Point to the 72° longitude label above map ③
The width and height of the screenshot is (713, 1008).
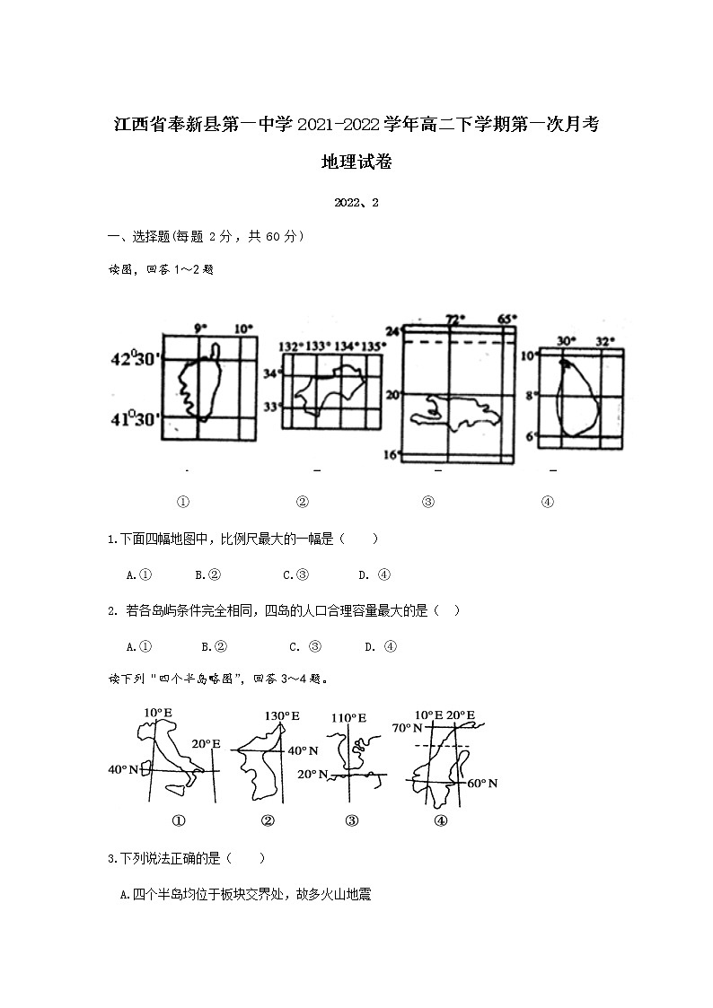[456, 320]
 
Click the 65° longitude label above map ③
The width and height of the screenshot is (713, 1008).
[507, 320]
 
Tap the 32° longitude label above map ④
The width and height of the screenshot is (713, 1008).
[605, 341]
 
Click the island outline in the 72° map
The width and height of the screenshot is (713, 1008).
[454, 412]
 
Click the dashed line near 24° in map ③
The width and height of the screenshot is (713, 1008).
[459, 341]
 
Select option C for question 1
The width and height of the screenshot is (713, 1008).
[295, 575]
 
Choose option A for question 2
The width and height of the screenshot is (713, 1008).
[137, 646]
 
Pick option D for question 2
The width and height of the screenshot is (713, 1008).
[381, 646]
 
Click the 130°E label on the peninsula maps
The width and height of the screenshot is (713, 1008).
[281, 716]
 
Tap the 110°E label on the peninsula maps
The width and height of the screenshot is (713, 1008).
[348, 718]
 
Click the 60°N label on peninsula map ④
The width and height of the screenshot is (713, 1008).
[482, 784]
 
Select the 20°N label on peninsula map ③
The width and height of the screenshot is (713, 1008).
[314, 774]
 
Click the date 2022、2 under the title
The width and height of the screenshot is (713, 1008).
[356, 203]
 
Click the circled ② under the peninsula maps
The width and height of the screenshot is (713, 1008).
[267, 820]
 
